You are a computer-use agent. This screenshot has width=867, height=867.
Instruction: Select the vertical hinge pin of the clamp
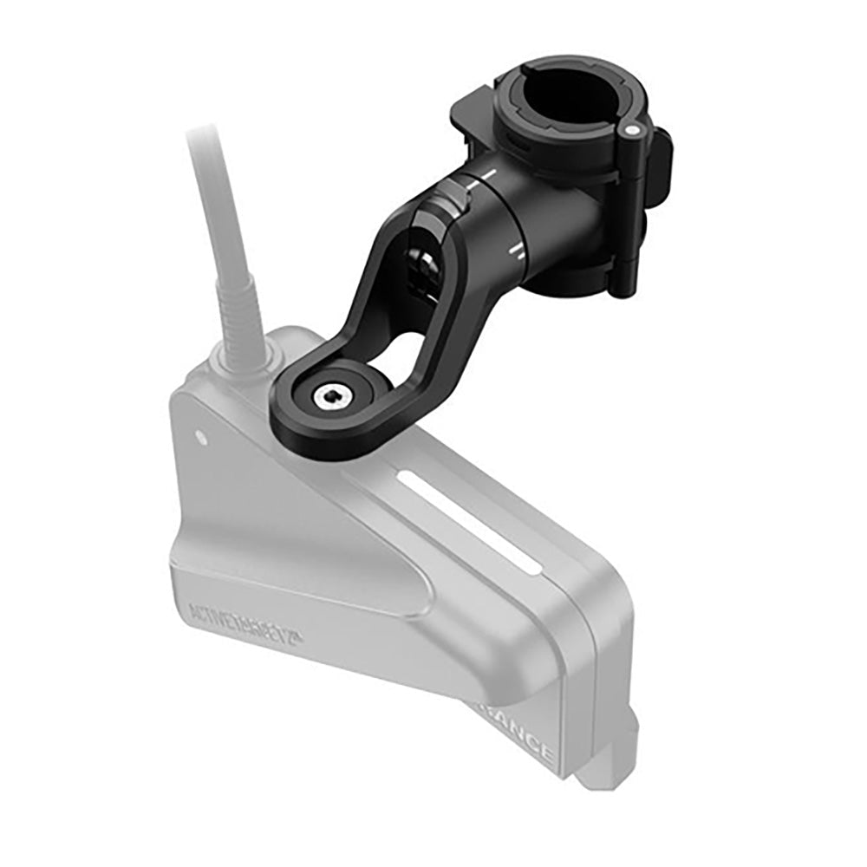click(x=630, y=208)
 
